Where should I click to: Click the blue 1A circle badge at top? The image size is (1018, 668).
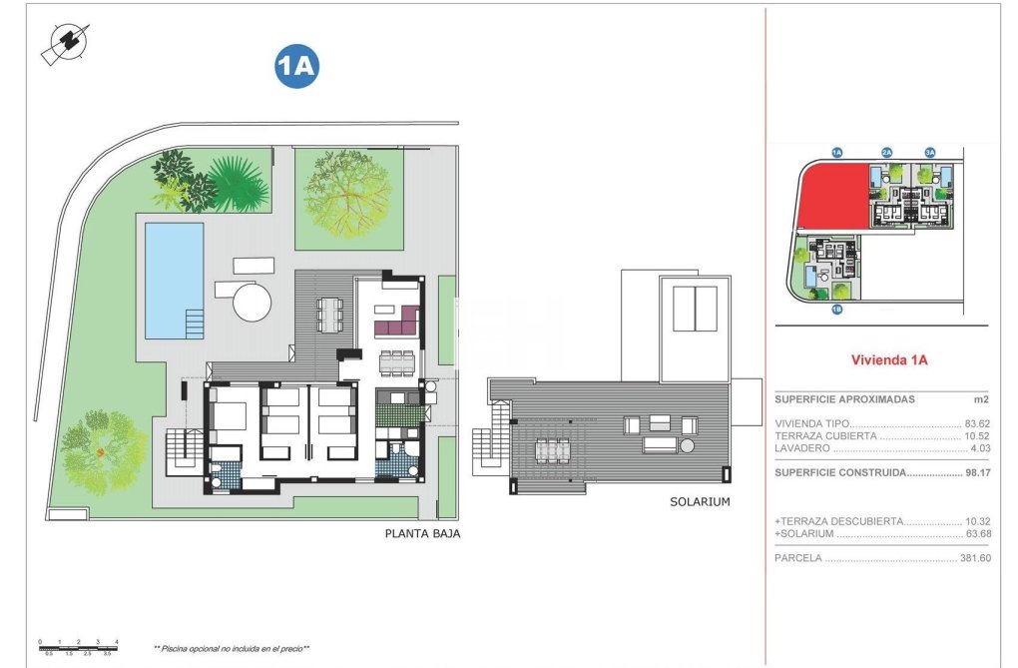(296, 66)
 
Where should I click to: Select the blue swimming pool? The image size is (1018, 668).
(174, 280)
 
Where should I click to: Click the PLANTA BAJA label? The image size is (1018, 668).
(422, 534)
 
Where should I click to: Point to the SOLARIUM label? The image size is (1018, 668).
(700, 502)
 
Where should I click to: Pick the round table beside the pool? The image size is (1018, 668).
(253, 300)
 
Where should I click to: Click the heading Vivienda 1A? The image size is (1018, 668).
(888, 360)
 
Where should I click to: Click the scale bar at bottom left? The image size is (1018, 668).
(78, 645)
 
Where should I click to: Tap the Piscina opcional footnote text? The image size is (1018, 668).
(232, 648)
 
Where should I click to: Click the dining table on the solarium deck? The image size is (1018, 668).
(551, 451)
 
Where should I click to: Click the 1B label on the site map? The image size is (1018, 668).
(836, 310)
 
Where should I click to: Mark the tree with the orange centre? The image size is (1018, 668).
(101, 452)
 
